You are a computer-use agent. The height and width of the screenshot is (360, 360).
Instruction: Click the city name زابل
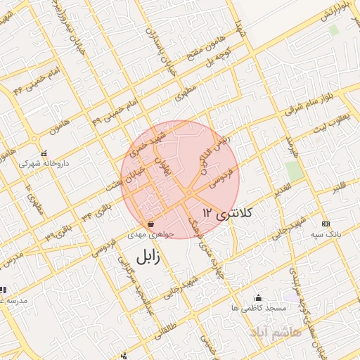click(145, 257)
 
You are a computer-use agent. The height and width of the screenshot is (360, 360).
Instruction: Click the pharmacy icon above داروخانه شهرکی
click(44, 153)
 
